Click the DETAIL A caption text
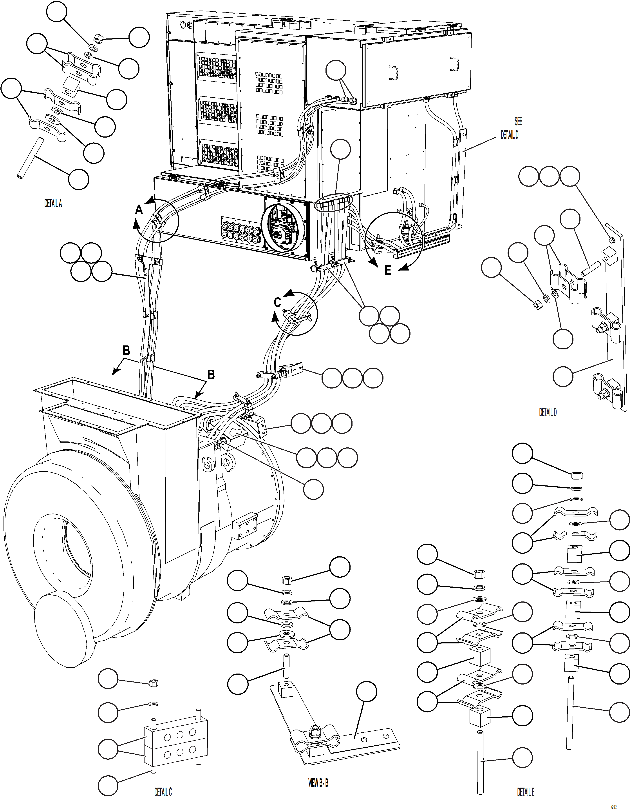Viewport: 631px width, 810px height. tap(53, 204)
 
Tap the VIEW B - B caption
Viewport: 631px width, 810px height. tap(318, 783)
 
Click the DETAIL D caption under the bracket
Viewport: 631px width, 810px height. tap(547, 412)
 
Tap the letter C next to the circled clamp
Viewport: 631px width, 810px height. tap(277, 303)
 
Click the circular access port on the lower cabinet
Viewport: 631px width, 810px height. tap(285, 227)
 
